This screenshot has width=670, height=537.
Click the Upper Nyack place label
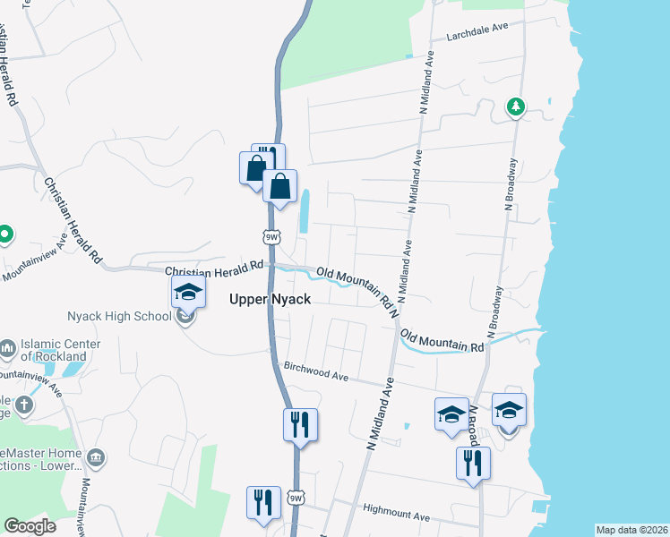pos(270,299)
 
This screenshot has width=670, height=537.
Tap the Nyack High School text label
pos(118,316)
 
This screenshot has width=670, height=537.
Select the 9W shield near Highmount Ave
pos(296,498)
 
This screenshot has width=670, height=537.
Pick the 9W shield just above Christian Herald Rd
pos(272,237)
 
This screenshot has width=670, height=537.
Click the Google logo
pos(30,526)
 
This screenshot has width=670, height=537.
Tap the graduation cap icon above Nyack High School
pos(188,291)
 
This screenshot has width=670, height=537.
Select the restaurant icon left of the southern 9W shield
pos(263,501)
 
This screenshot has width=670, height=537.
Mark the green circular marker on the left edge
pos(4,235)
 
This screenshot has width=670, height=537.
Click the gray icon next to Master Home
pos(97,459)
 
